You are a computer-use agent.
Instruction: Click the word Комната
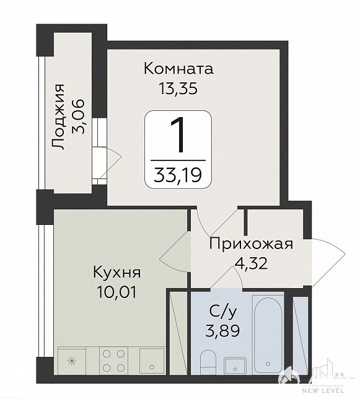pos(178,69)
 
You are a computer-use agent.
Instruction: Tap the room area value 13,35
pos(178,89)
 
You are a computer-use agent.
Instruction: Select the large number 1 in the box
pos(178,135)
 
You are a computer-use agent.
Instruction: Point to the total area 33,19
pos(178,175)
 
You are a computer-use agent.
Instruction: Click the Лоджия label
pos(58,116)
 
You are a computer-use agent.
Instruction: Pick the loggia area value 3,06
pos(78,116)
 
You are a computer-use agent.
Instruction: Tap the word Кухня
pos(116,272)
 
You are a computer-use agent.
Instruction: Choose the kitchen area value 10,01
pos(116,292)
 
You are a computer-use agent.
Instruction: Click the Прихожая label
pos(251,244)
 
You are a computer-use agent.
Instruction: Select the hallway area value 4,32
pos(251,264)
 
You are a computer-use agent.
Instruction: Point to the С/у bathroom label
pos(223,311)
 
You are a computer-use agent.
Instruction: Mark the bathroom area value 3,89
pos(222,331)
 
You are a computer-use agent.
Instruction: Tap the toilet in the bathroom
pos(208,362)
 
